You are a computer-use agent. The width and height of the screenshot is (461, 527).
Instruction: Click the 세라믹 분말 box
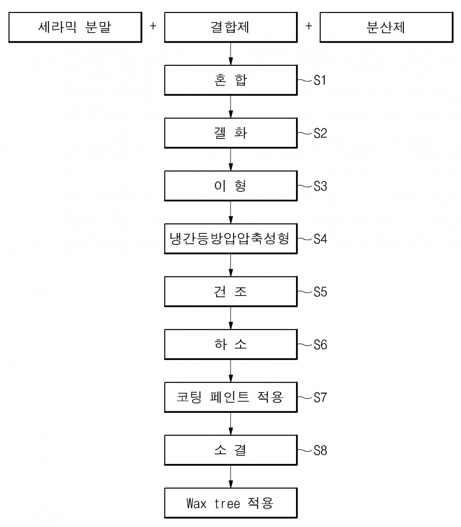click(75, 27)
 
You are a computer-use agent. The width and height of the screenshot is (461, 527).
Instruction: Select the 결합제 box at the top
click(230, 27)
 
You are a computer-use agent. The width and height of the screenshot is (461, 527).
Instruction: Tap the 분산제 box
click(386, 27)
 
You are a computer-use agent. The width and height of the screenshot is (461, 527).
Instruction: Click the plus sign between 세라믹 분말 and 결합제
click(153, 26)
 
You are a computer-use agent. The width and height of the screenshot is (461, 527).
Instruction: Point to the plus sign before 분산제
click(309, 26)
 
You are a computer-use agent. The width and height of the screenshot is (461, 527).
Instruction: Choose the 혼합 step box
click(230, 80)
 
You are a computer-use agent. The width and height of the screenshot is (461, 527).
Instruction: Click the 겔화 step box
click(230, 133)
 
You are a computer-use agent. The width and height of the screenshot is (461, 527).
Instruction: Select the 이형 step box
click(230, 186)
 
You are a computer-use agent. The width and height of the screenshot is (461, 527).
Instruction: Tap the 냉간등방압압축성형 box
click(230, 238)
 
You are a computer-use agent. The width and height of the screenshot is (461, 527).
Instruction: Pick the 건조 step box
click(230, 291)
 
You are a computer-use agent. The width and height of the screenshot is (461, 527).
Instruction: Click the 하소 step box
click(230, 344)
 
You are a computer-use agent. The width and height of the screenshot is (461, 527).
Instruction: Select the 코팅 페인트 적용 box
click(230, 397)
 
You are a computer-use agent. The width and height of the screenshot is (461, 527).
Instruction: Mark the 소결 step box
click(230, 450)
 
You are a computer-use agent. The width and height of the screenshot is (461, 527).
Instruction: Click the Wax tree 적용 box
click(230, 503)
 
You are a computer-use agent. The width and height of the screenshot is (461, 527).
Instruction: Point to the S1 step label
click(320, 81)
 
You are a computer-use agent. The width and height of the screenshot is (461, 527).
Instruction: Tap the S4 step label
click(320, 239)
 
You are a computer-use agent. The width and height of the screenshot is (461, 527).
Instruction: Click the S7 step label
click(320, 398)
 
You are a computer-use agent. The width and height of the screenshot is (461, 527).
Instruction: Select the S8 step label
click(320, 451)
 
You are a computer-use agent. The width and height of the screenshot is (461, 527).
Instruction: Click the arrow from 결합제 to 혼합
click(230, 54)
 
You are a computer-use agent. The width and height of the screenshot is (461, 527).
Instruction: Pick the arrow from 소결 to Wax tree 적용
click(230, 476)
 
